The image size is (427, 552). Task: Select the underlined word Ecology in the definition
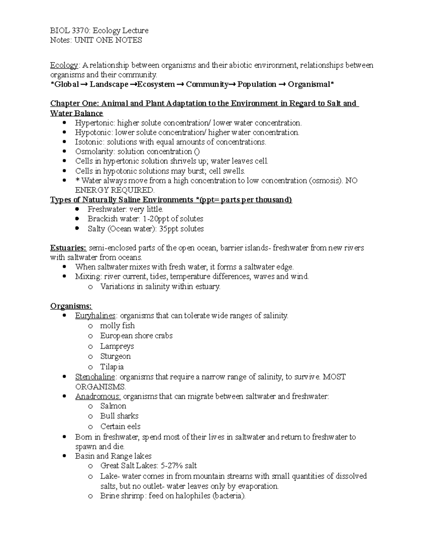(x=64, y=65)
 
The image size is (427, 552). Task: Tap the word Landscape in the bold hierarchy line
(x=109, y=84)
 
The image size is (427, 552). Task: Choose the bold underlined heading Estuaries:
(x=68, y=248)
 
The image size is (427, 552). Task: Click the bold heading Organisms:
(x=71, y=306)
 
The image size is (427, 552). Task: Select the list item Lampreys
(x=117, y=346)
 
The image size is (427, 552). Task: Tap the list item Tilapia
(x=112, y=367)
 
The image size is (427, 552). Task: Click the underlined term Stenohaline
(x=95, y=377)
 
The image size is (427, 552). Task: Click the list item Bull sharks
(x=119, y=416)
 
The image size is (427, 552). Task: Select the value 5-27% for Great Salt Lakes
(x=173, y=466)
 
